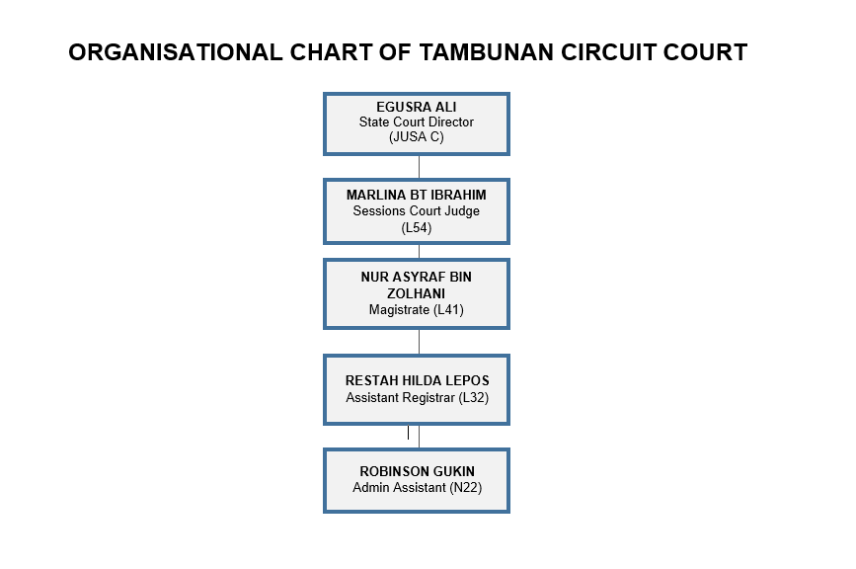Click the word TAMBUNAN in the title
tap(487, 52)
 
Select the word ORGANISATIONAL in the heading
tap(175, 52)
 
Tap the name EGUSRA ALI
tap(416, 107)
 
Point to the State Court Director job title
tap(416, 122)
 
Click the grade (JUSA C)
tap(416, 136)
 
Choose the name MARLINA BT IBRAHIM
tap(416, 195)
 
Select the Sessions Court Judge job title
tap(416, 210)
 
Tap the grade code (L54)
tap(416, 228)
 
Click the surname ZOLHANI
tap(416, 293)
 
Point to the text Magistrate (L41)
tap(416, 309)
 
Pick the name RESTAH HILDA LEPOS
tap(417, 380)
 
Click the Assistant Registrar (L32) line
tap(417, 397)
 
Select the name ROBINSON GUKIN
tap(417, 471)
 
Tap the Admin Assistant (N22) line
tap(417, 487)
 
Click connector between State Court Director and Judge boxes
tap(420, 167)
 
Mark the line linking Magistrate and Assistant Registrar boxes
tap(420, 343)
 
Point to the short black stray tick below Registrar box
tap(408, 433)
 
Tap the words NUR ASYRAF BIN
tap(416, 278)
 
